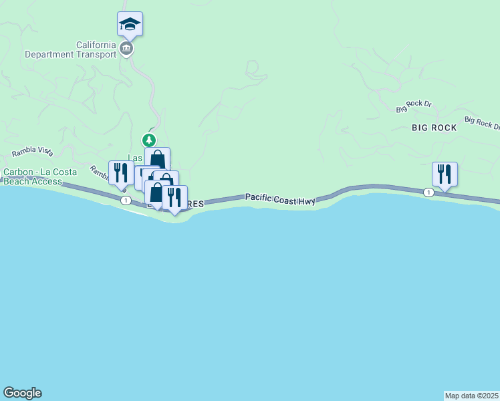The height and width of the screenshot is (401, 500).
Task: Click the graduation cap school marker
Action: coord(130,24)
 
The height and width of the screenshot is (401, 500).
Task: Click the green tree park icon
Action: coord(149,140)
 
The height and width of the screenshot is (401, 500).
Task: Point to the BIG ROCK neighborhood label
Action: coord(434,128)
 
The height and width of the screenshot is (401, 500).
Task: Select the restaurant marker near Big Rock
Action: coord(445,174)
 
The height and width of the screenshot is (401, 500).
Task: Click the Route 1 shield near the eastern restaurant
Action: coord(428,192)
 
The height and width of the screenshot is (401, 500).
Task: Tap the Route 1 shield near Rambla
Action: coord(125,200)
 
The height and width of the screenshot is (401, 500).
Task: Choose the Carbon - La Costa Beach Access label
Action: coord(39,176)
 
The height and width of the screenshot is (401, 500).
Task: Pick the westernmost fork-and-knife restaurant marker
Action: coord(121,173)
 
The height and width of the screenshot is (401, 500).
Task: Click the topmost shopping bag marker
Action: coord(157,159)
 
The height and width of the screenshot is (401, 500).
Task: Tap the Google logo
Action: coord(22,393)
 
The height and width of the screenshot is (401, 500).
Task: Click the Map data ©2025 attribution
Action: coord(471,396)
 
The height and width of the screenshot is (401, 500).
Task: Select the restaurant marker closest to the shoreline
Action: coord(174,198)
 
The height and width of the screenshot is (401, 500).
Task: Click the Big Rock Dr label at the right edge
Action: coord(483,123)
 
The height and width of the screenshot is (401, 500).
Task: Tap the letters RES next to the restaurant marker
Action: coord(195,203)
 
